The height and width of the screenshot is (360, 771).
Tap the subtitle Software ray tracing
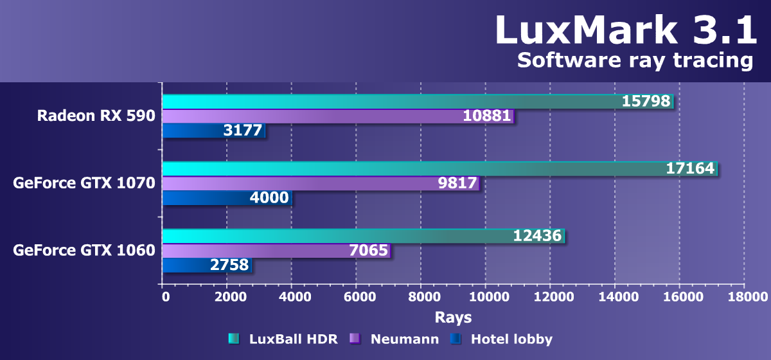tap(635, 60)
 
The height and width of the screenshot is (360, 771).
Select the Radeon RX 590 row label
tap(96, 116)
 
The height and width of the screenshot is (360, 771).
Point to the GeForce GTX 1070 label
tap(84, 183)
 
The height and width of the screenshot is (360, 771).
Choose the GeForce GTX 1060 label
tap(84, 250)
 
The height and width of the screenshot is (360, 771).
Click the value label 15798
tap(646, 101)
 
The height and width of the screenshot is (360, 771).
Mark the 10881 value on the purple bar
tap(487, 116)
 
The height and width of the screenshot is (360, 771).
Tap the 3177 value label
tap(242, 131)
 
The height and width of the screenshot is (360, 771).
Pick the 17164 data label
tap(690, 168)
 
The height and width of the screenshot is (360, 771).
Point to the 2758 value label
tap(229, 265)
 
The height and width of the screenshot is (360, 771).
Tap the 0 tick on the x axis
tap(166, 297)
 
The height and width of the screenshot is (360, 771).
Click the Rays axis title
tap(453, 317)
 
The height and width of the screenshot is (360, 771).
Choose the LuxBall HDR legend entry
tap(283, 339)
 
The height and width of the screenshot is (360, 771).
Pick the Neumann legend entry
tap(395, 339)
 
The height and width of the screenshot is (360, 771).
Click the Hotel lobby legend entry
tap(502, 339)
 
